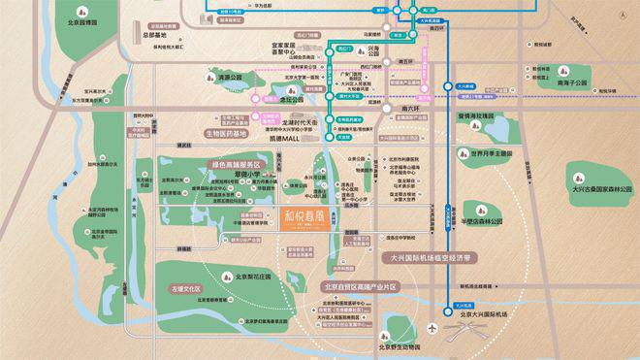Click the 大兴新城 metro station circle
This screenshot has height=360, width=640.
[448, 85]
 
